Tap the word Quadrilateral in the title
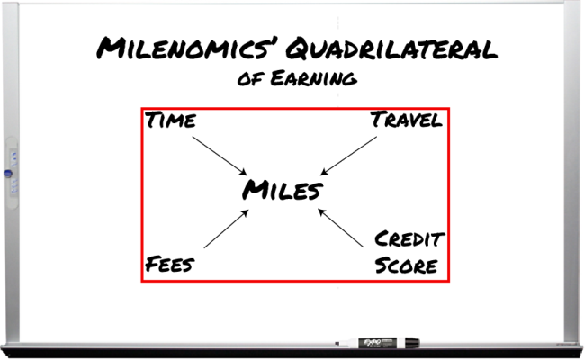[x=391, y=49]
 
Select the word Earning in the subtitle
[x=314, y=78]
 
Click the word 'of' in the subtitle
[x=251, y=80]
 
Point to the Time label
[x=170, y=120]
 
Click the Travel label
[x=407, y=120]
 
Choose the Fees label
[x=170, y=264]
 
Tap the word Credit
[x=409, y=238]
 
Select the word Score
[x=406, y=265]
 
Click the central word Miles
[x=283, y=190]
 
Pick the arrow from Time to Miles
[x=220, y=156]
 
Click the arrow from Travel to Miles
[x=348, y=156]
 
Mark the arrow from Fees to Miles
[x=226, y=229]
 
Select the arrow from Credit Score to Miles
[x=340, y=228]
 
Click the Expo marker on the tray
[x=377, y=343]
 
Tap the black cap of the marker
[x=412, y=343]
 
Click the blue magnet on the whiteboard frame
[x=8, y=174]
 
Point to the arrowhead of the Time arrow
[x=243, y=172]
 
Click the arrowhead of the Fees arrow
[x=245, y=213]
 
